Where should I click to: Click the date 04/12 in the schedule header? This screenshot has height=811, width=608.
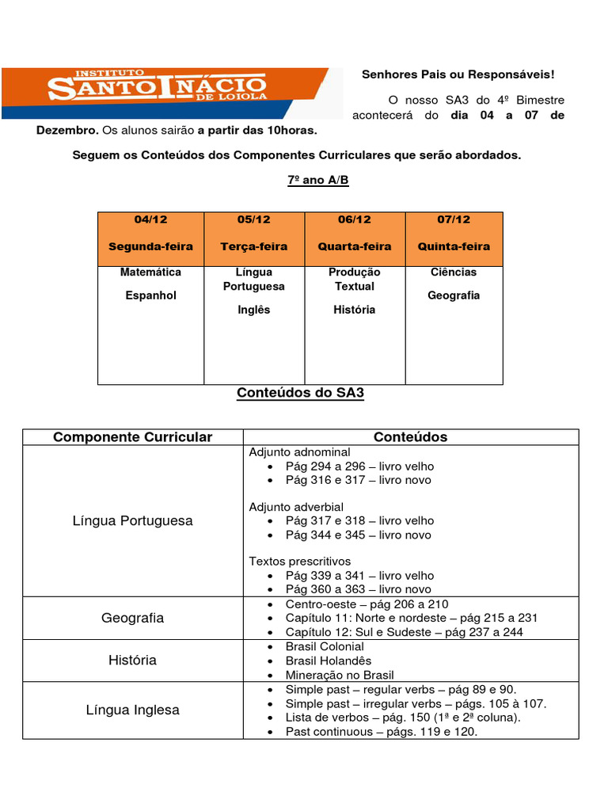(150, 219)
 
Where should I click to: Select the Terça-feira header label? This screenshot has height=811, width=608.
(254, 246)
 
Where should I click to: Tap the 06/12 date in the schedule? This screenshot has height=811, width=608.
(354, 219)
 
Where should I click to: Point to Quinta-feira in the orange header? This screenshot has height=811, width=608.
(454, 246)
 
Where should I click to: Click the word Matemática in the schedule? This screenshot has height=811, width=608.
(150, 272)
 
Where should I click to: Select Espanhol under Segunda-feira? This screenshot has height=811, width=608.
(150, 295)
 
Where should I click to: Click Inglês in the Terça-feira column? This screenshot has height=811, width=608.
(254, 310)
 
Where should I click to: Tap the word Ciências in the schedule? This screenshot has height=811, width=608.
(454, 272)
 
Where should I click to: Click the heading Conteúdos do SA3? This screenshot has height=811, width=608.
(301, 394)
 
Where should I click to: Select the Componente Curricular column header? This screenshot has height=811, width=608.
(132, 437)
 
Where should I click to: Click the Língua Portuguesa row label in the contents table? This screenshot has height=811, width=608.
(132, 521)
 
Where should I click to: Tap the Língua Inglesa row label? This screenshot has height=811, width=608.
(132, 710)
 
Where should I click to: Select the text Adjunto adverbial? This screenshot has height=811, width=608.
(296, 507)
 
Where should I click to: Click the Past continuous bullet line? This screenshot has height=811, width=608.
(382, 732)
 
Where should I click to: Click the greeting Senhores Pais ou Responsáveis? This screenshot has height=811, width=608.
(458, 74)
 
